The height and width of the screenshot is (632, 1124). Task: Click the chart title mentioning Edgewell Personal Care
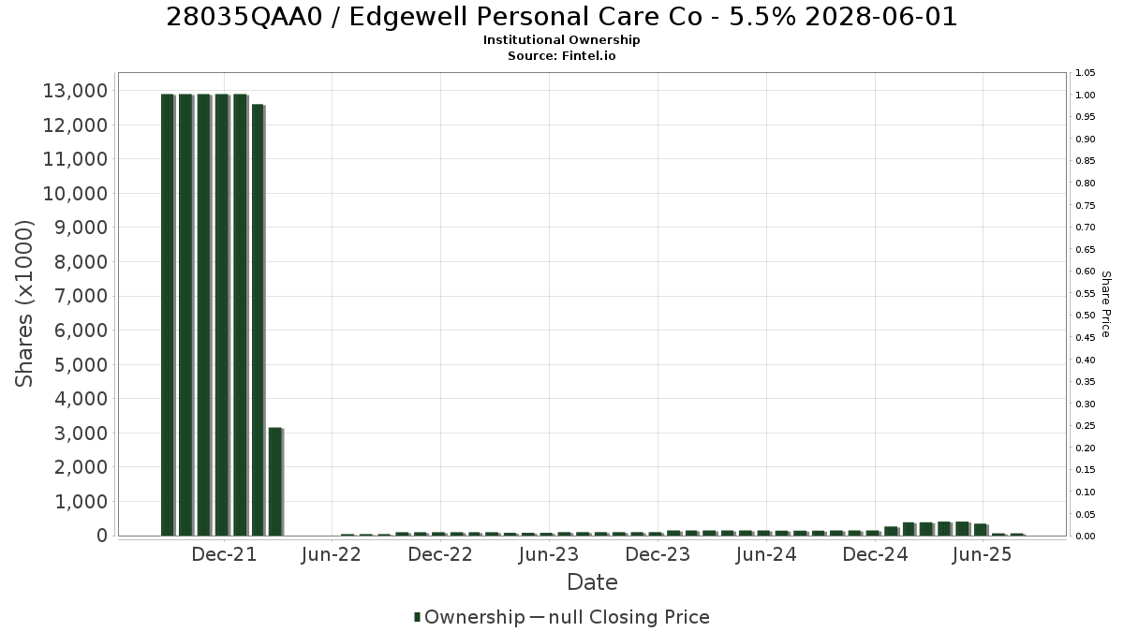(x=561, y=17)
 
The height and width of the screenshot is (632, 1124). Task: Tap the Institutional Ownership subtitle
(x=561, y=40)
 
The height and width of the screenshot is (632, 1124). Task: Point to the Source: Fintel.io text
(x=561, y=55)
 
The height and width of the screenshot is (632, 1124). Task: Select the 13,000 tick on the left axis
(x=75, y=91)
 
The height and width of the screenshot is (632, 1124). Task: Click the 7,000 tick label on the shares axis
(x=81, y=296)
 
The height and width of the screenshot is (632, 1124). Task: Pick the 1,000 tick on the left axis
(x=81, y=502)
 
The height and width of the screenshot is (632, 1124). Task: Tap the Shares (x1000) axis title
(x=24, y=304)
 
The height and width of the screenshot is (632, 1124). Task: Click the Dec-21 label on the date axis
(x=224, y=554)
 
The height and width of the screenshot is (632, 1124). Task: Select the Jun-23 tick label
(x=549, y=554)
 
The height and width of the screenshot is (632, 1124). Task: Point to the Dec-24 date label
(x=875, y=554)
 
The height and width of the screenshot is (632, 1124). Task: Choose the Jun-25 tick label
(x=982, y=554)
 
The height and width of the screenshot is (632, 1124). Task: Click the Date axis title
(x=592, y=582)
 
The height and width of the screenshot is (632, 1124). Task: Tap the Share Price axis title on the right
(x=1106, y=304)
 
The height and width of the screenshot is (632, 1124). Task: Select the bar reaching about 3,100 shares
(x=275, y=481)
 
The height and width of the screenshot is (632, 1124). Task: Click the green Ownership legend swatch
(x=417, y=616)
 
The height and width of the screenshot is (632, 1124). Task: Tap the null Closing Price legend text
(x=629, y=617)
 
